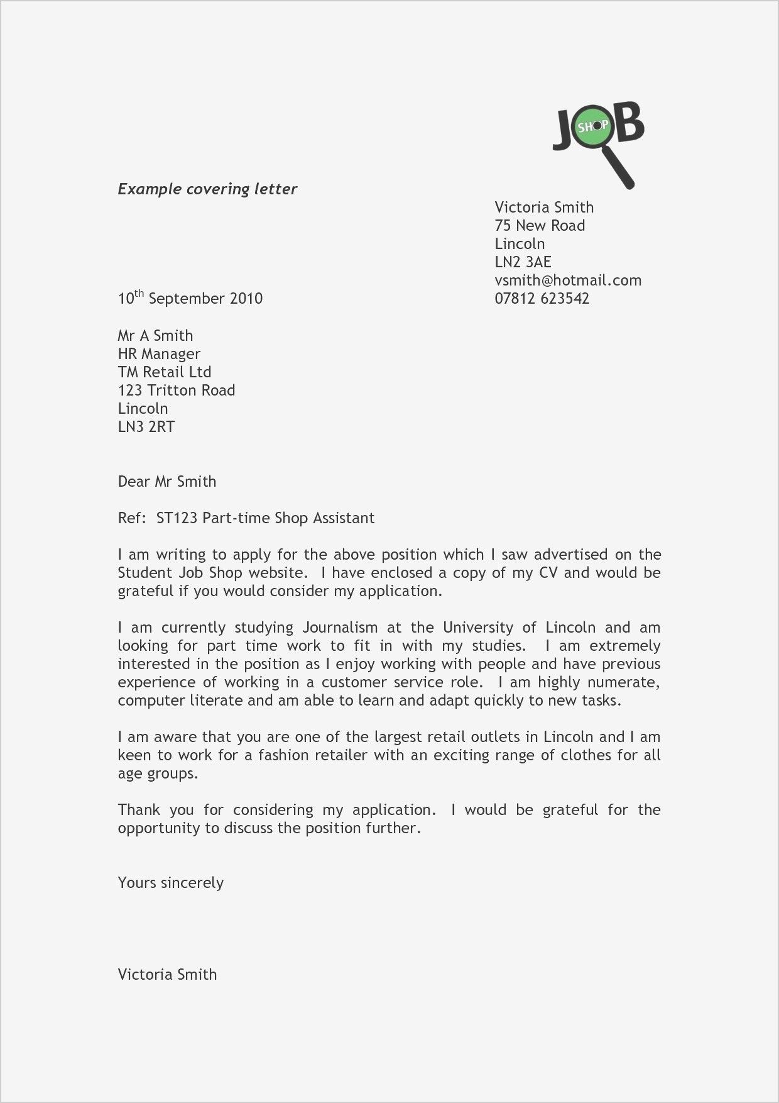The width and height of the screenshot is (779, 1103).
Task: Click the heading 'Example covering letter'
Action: [207, 189]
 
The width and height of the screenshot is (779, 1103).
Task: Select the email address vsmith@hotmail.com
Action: [568, 280]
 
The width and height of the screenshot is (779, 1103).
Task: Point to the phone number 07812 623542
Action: [542, 298]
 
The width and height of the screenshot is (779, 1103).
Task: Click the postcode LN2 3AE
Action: [523, 262]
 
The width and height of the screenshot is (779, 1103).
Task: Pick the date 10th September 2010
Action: [190, 298]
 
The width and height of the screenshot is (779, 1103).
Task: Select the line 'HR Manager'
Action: [159, 354]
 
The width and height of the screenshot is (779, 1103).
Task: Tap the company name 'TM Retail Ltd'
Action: [165, 372]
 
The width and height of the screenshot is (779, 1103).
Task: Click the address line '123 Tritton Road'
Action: [177, 391]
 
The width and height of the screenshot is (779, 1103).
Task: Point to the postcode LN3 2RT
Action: [146, 427]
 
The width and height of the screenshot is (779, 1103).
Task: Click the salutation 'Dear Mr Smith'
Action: [167, 482]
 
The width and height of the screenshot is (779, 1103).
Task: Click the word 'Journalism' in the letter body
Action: [340, 628]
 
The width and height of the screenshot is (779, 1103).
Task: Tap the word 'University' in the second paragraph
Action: [476, 628]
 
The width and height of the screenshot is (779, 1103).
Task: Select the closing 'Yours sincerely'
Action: [170, 883]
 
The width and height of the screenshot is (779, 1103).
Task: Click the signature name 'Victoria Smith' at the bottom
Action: [167, 975]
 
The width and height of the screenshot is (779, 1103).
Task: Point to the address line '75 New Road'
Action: [540, 226]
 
